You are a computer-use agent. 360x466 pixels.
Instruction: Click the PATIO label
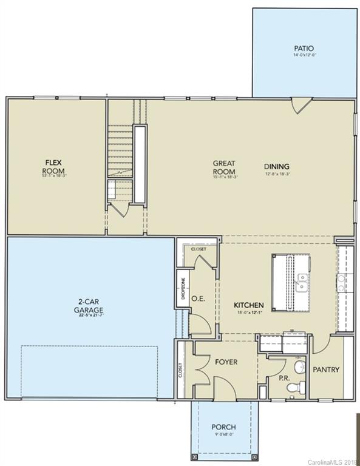point(304,48)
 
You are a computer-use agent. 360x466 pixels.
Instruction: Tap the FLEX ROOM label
point(53,166)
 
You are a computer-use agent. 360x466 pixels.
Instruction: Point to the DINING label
point(276,166)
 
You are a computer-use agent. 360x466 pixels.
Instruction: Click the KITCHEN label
point(249,305)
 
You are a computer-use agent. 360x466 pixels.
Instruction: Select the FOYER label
point(226,362)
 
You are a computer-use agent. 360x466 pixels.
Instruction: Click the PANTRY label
point(326,370)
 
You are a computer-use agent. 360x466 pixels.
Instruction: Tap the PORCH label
point(223,427)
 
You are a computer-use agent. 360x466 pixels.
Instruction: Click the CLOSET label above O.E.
point(199,249)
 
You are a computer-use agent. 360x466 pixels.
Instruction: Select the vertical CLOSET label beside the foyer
point(180,371)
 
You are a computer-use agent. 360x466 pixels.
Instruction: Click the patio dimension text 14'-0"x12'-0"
point(304,55)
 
